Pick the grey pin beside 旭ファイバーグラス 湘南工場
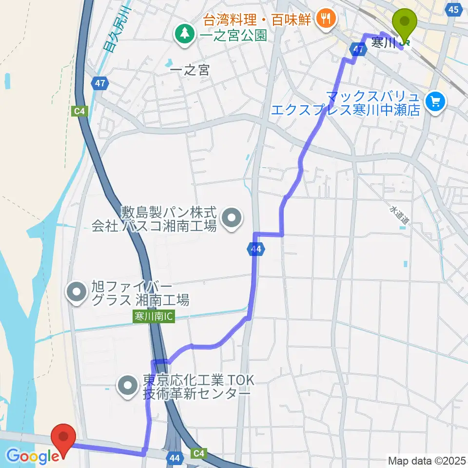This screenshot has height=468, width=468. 77,293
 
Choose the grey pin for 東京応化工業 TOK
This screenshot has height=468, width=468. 128,386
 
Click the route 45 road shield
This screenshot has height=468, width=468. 453,9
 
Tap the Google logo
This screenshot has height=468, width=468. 33,457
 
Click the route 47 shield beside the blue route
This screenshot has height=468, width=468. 358,50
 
